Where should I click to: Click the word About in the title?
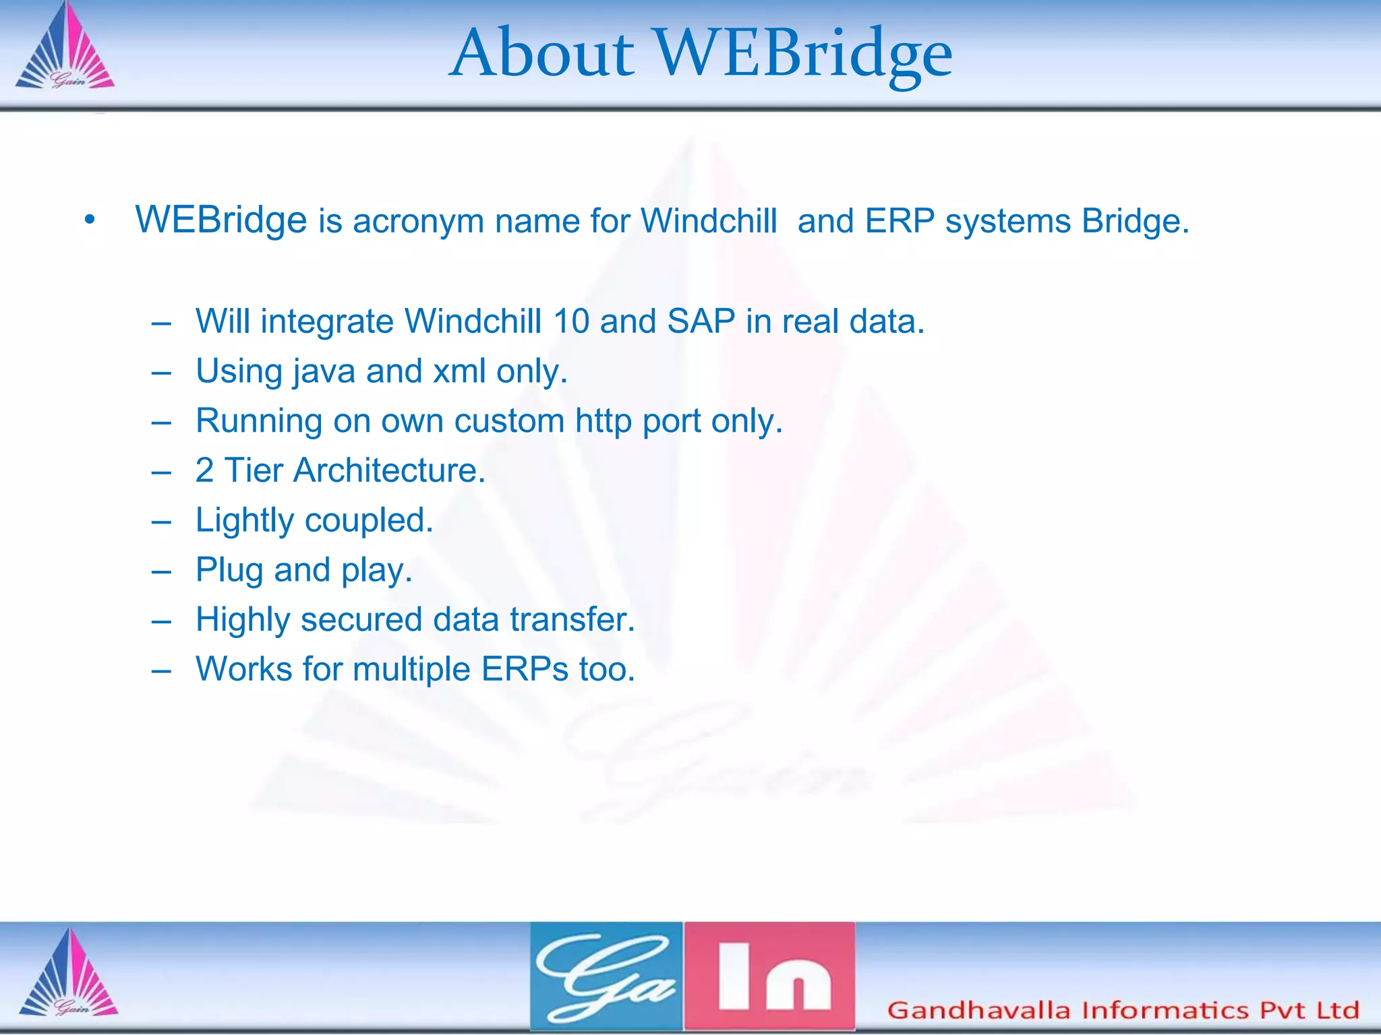tap(543, 54)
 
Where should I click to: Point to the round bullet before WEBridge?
tap(90, 220)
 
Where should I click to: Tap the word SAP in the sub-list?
tap(701, 321)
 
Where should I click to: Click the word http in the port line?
tap(603, 422)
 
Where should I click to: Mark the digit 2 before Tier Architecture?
tap(204, 470)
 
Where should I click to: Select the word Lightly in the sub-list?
tap(245, 521)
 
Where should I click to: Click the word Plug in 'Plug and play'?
tap(229, 571)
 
